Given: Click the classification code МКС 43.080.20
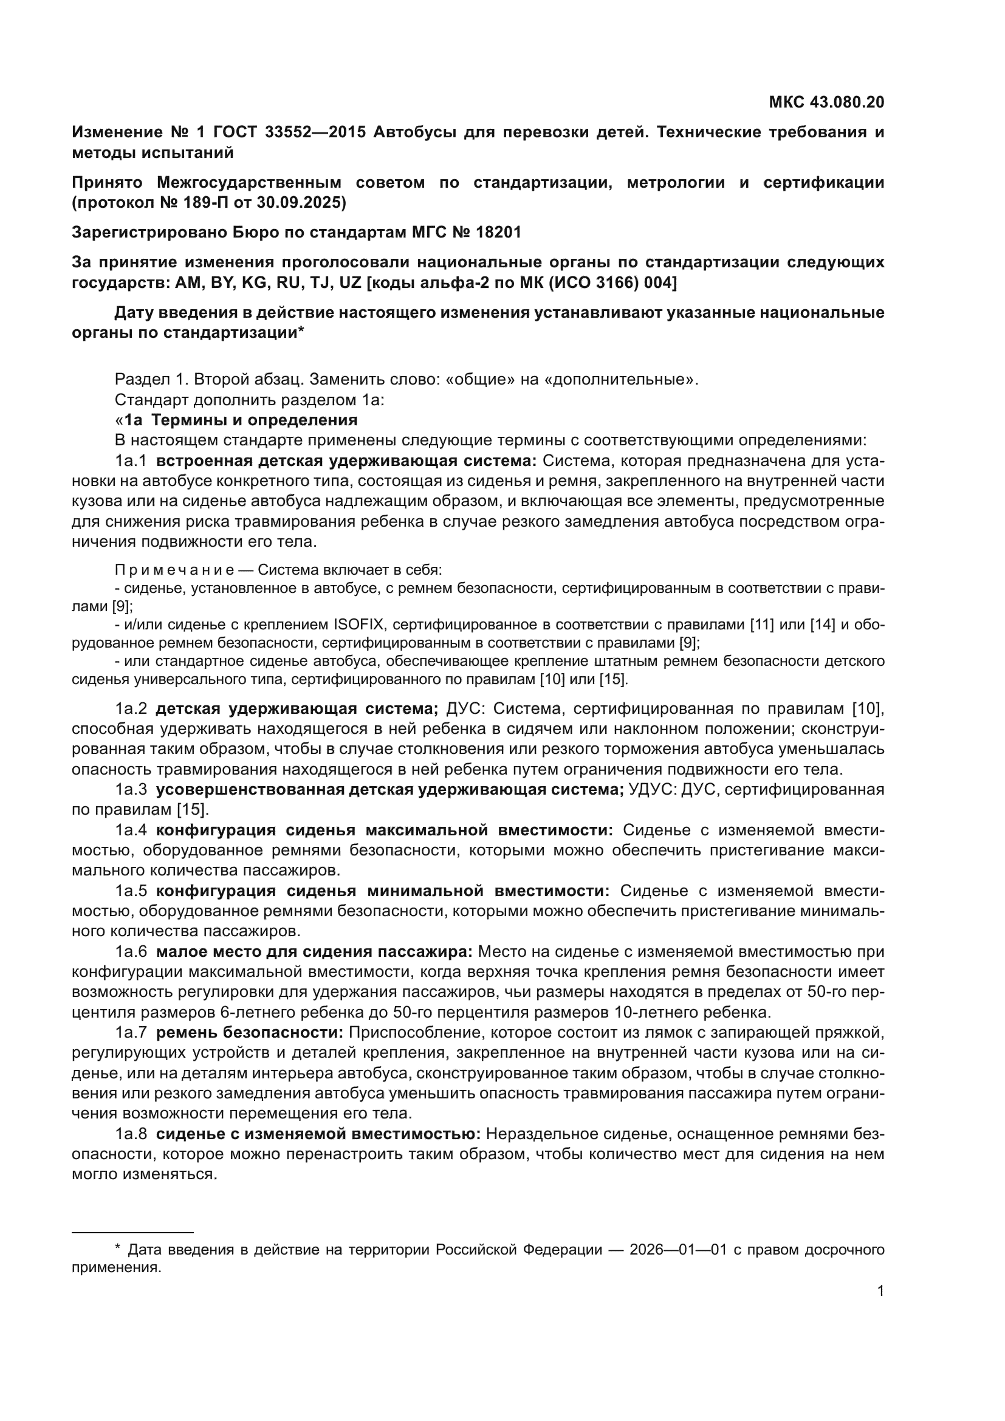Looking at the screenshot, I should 826,102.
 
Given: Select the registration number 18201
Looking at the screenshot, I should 499,232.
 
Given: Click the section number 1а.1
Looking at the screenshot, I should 131,461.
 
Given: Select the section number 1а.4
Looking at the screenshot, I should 131,830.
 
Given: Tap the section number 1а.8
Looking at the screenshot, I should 131,1134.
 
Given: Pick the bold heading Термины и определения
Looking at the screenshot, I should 255,420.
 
